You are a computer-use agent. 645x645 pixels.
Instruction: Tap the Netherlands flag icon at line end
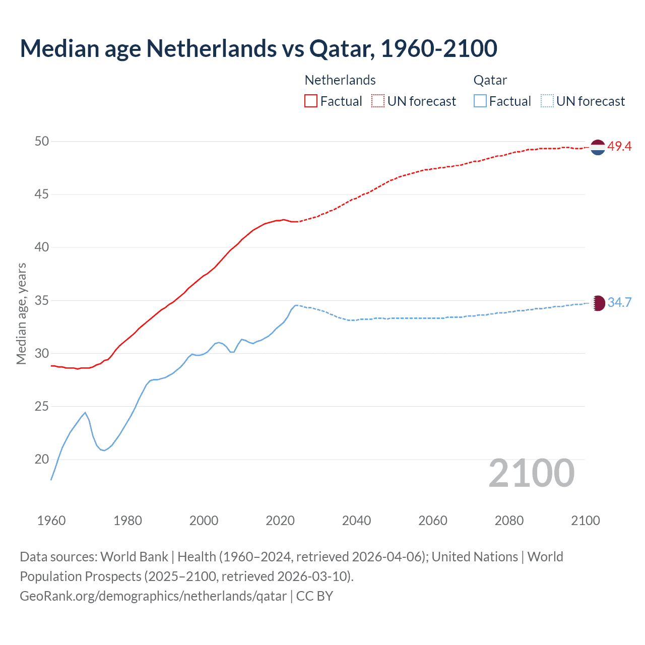point(598,147)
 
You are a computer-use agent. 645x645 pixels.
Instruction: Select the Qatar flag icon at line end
point(598,303)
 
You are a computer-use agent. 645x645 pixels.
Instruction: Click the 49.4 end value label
point(619,147)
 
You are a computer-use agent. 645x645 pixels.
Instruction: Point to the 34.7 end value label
point(619,302)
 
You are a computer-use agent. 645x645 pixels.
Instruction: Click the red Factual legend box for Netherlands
point(311,101)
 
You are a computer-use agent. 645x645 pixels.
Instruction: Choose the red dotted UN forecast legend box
point(378,101)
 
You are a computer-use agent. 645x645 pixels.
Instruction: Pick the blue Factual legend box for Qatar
point(480,101)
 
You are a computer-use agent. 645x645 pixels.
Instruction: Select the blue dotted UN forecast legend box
point(547,101)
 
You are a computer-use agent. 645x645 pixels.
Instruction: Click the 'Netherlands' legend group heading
point(340,80)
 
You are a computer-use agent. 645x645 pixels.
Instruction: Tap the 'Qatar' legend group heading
point(490,80)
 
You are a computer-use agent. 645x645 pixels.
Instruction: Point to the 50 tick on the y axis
point(42,142)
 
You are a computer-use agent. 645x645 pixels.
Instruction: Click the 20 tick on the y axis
point(42,459)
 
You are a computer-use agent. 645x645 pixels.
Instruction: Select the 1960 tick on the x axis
point(51,521)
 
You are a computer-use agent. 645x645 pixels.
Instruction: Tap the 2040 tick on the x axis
point(356,521)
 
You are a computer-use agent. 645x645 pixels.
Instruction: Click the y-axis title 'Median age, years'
point(21,313)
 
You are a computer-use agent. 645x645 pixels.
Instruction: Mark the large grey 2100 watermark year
point(531,473)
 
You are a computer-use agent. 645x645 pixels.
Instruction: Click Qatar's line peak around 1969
point(85,412)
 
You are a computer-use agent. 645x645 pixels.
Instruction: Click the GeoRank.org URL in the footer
point(153,596)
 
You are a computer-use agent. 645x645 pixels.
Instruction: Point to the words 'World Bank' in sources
point(134,557)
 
